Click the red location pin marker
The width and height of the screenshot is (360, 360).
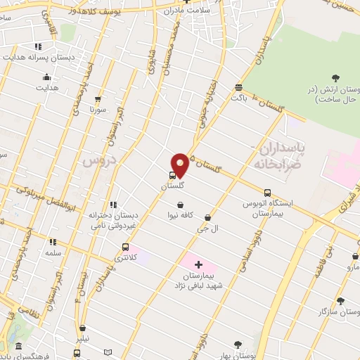pos(181,164)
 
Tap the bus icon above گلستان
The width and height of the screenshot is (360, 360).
pos(173,176)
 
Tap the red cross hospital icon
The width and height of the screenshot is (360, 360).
pos(198,266)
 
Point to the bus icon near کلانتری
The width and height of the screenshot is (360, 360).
pos(125,247)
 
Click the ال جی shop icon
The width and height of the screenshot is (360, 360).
pos(207,218)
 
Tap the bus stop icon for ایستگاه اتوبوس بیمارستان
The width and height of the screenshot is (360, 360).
pos(267,193)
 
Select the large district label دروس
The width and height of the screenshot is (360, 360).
pos(98,160)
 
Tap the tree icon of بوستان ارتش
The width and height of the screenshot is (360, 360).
pos(334,77)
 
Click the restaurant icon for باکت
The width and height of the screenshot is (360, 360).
pos(239,88)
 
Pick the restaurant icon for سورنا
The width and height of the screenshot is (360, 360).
pos(97,100)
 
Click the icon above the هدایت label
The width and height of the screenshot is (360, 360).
pos(47,77)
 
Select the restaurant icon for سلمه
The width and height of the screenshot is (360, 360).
pos(53,242)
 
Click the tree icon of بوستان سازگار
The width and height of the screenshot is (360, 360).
pos(340,301)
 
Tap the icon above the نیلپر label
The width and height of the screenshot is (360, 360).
pos(83,328)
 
